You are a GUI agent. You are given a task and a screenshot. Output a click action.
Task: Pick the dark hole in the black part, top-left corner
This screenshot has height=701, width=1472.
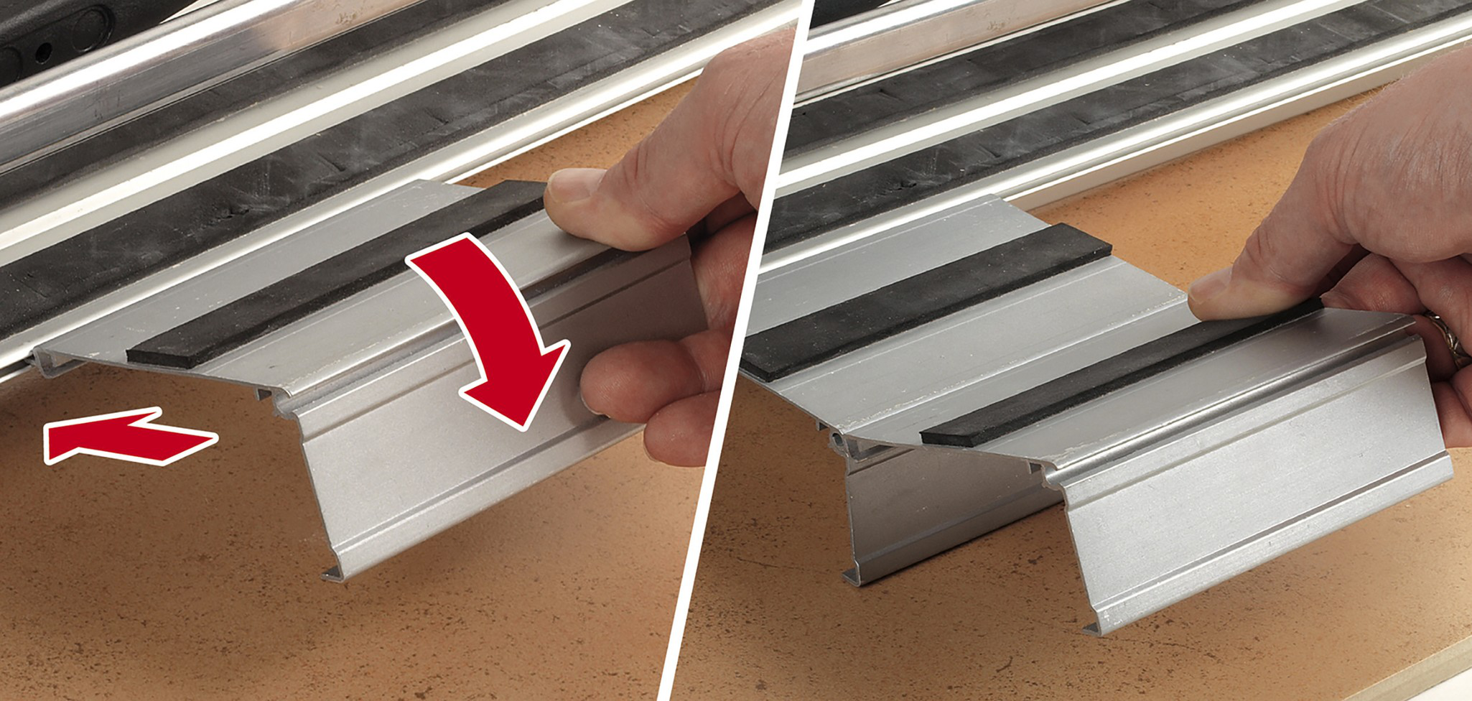(43, 50)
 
